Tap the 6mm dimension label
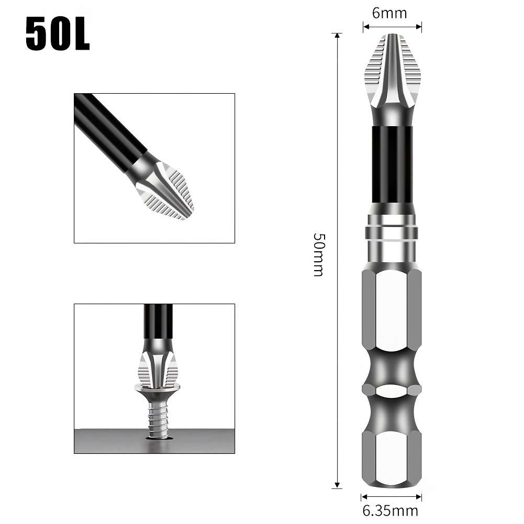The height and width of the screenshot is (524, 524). point(389,13)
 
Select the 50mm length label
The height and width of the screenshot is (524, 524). point(319,254)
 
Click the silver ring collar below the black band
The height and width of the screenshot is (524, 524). point(393,232)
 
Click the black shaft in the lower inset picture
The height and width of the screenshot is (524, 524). point(158,322)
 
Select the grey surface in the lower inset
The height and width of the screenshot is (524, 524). point(105,441)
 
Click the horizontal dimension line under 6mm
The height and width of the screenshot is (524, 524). point(393,24)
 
